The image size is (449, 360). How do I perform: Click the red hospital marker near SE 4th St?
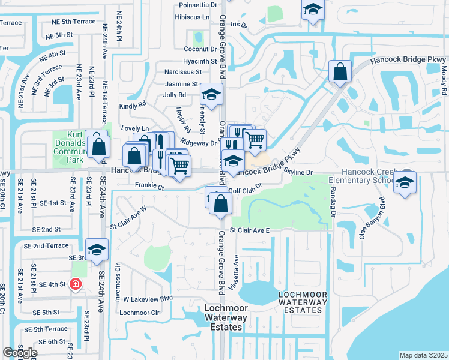(x=75, y=284)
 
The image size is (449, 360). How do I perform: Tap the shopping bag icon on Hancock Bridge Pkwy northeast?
(x=340, y=72)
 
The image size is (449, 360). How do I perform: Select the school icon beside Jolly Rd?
(x=211, y=94)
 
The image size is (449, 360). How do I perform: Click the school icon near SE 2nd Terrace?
(x=97, y=250)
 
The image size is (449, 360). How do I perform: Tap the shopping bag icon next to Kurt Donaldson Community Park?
(x=97, y=146)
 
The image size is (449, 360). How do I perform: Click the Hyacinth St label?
(x=200, y=61)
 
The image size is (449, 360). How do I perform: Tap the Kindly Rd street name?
(x=133, y=104)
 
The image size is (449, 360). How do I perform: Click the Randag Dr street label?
(x=331, y=201)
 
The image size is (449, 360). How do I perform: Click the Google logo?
(x=20, y=353)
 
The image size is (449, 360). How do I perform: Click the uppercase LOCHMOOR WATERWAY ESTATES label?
(x=303, y=302)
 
